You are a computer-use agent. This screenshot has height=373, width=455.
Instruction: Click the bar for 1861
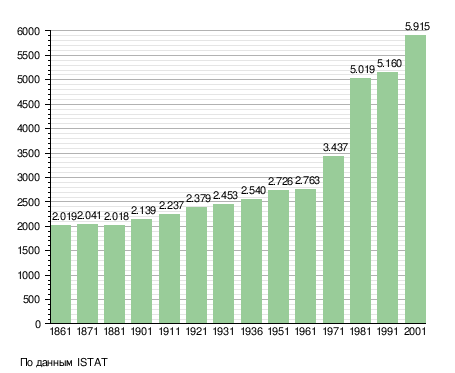pyautogui.click(x=61, y=274)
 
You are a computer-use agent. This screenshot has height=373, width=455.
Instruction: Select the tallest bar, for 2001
pyautogui.click(x=415, y=179)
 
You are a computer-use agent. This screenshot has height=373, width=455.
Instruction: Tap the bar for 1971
pyautogui.click(x=333, y=239)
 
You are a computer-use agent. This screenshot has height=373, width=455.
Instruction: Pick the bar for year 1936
pyautogui.click(x=251, y=261)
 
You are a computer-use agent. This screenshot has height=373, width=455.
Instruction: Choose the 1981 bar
pyautogui.click(x=360, y=201)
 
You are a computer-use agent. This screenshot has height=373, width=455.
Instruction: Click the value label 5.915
pyautogui.click(x=417, y=26)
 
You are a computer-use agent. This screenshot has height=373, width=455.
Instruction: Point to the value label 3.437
pyautogui.click(x=335, y=147)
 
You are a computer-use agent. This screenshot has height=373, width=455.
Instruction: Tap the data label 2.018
pyautogui.click(x=116, y=217)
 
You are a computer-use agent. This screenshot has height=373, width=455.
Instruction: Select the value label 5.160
pyautogui.click(x=389, y=63)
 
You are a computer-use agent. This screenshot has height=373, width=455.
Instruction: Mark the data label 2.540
pyautogui.click(x=253, y=191)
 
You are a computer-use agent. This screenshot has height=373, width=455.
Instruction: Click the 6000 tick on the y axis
pyautogui.click(x=28, y=31)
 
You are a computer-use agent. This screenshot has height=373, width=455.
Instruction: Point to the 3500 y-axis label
pyautogui.click(x=28, y=153)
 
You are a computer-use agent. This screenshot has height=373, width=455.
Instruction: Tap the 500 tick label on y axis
pyautogui.click(x=32, y=299)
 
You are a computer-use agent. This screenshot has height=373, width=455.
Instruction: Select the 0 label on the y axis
pyautogui.click(x=38, y=324)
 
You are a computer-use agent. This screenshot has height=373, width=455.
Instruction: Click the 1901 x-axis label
pyautogui.click(x=141, y=331)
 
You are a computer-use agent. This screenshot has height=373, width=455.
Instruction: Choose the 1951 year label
pyautogui.click(x=278, y=331)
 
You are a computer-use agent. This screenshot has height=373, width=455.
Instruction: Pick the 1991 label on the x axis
pyautogui.click(x=388, y=331)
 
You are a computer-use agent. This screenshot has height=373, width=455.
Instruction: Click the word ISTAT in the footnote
pyautogui.click(x=92, y=362)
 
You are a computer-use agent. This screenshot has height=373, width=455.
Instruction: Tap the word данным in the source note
pyautogui.click(x=54, y=363)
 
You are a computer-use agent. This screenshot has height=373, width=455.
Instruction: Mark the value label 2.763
pyautogui.click(x=307, y=180)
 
